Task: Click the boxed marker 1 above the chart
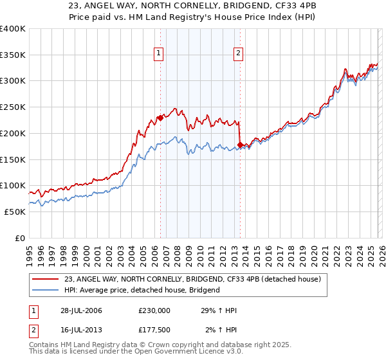(159, 53)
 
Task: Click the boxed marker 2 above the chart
(239, 53)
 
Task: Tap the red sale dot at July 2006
(160, 118)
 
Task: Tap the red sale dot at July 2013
(239, 145)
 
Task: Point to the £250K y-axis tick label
(12, 107)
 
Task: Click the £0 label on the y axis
(21, 238)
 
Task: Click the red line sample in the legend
(45, 279)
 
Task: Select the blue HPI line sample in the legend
(45, 290)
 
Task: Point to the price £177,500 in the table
(154, 330)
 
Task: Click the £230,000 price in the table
(154, 310)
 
